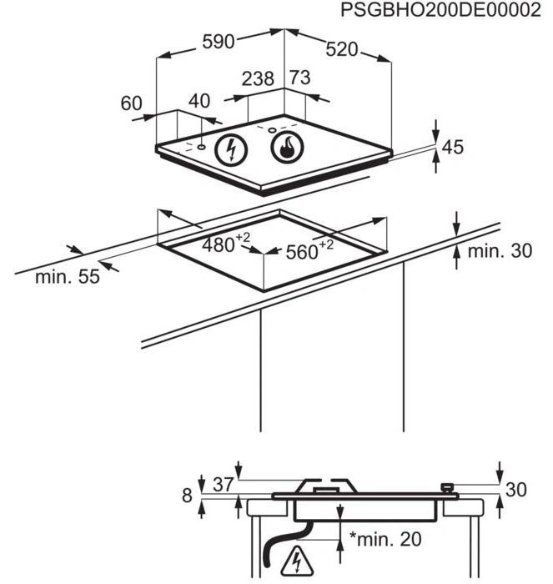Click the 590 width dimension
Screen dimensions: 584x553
point(219,41)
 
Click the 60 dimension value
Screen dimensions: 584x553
point(132,103)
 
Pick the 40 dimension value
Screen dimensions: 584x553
point(199,101)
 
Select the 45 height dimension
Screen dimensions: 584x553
point(451,148)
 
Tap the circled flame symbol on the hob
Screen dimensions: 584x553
point(287,150)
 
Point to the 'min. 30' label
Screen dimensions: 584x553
point(499,251)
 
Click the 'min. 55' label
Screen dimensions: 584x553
point(67,277)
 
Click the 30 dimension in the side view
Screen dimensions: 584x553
point(516,490)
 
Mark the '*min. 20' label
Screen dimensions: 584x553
point(385,539)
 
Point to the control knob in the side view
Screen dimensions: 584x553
point(448,486)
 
